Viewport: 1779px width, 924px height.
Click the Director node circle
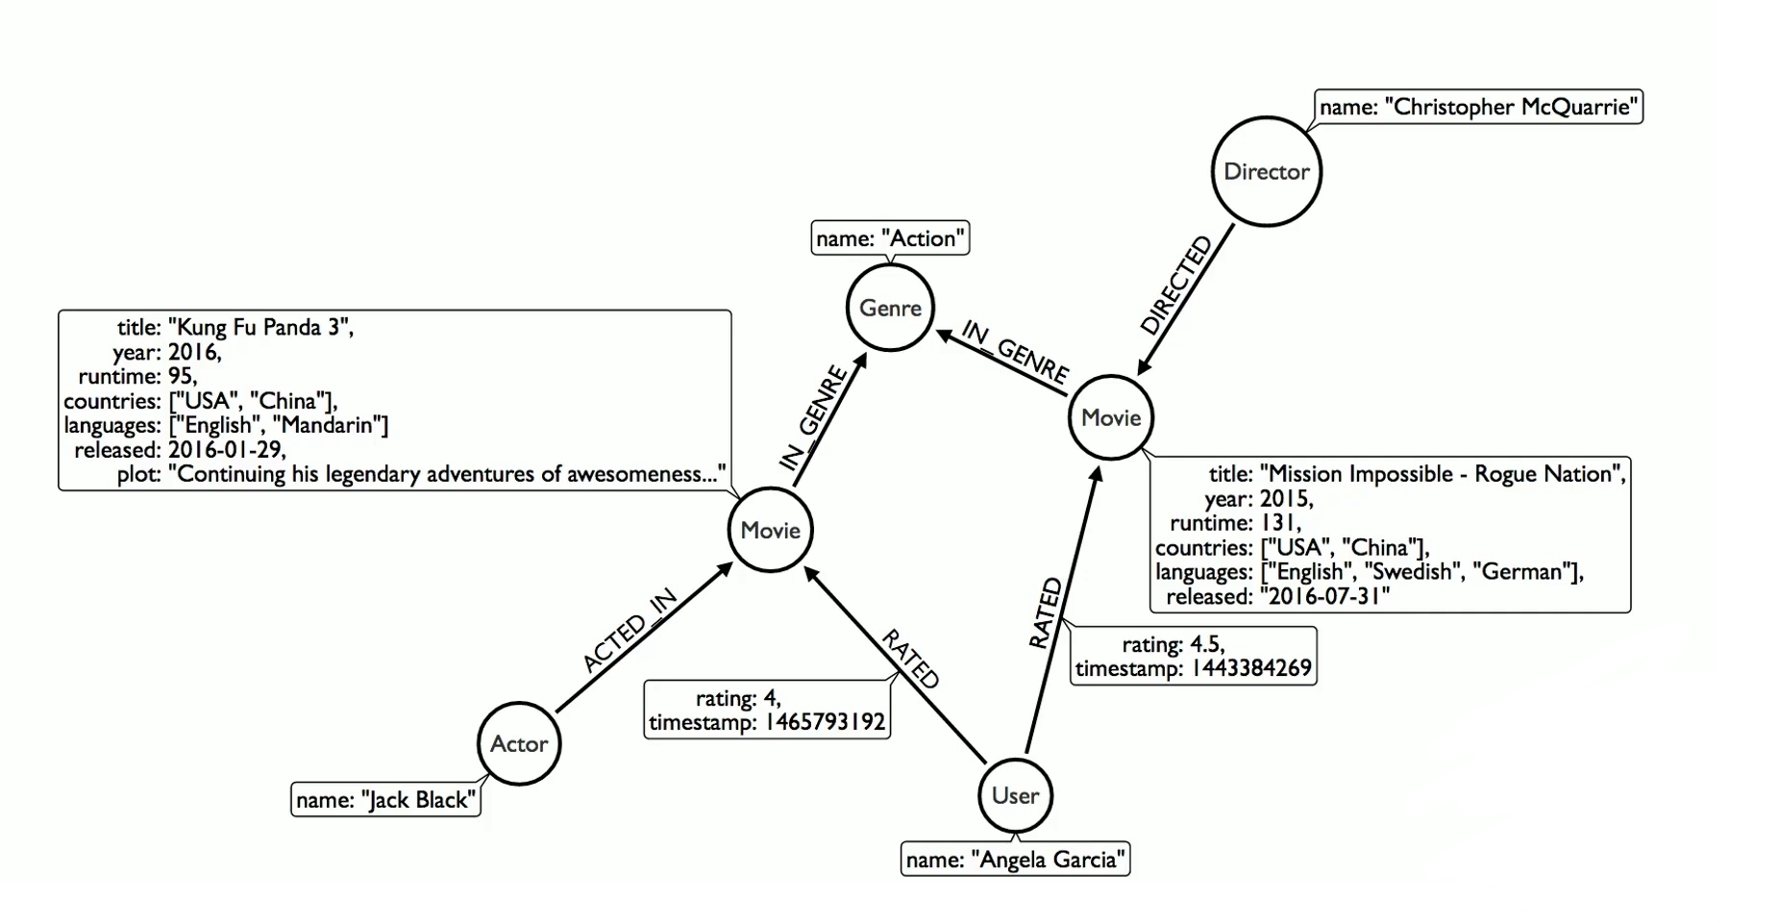click(1266, 172)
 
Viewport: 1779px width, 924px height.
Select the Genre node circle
click(890, 309)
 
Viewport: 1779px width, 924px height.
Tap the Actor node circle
click(519, 743)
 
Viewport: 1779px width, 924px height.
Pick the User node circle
click(1015, 795)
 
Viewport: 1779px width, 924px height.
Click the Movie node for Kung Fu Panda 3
click(770, 530)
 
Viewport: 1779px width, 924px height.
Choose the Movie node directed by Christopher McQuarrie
click(1111, 417)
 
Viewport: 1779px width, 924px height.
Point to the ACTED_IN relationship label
click(630, 631)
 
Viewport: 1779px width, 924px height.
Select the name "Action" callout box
click(890, 238)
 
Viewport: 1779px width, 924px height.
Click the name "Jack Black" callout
click(385, 800)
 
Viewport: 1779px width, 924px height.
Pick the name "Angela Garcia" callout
click(1015, 860)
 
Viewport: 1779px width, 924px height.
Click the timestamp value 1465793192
click(825, 722)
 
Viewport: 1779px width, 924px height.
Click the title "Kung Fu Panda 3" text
click(259, 328)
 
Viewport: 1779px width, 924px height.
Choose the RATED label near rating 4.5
click(1045, 613)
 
